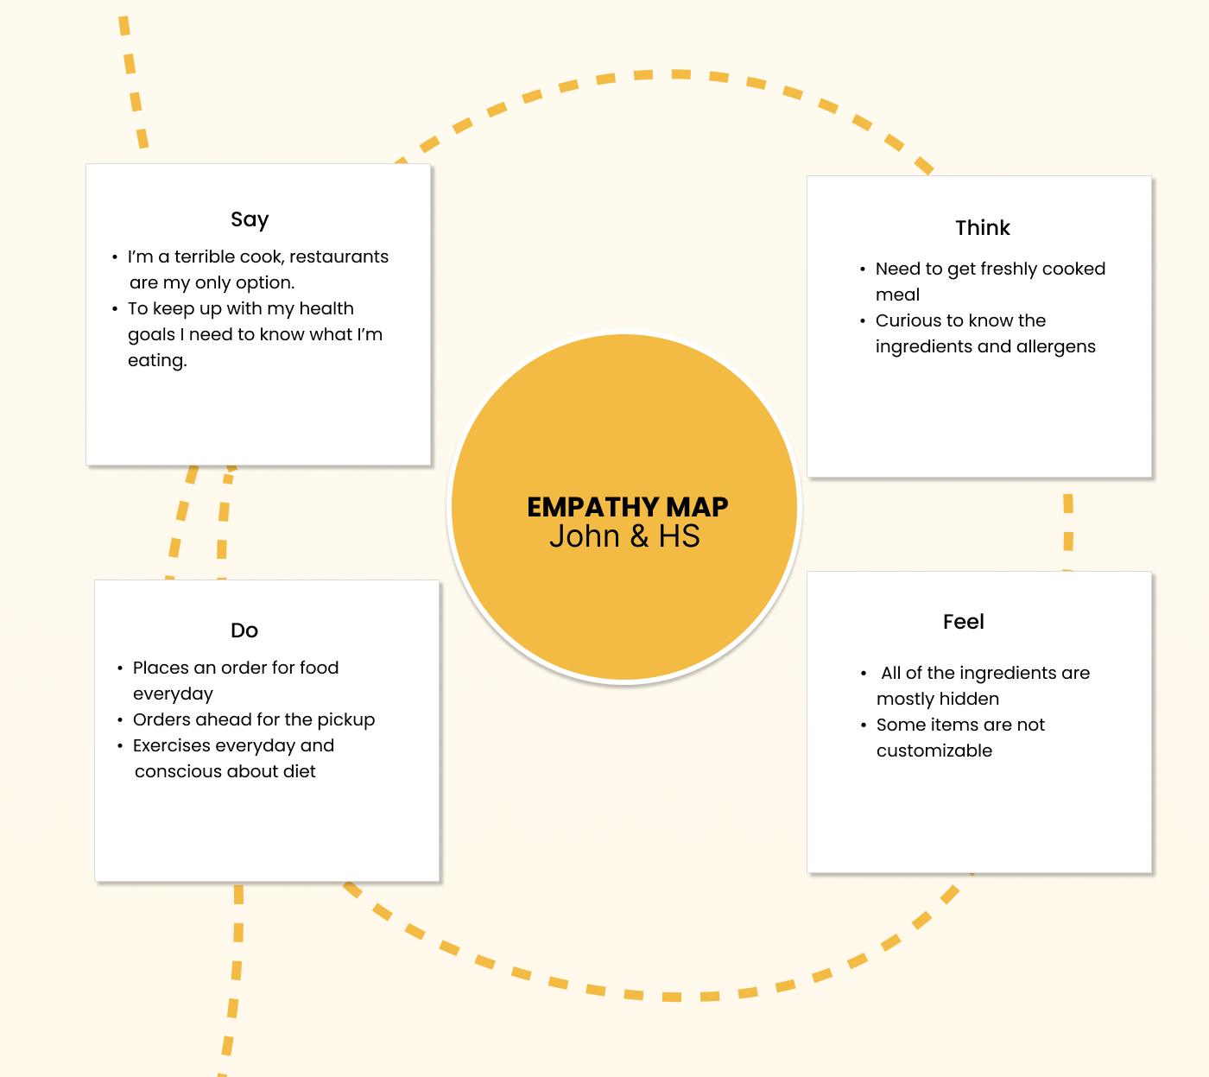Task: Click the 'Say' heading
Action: (250, 219)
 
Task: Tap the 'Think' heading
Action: (982, 228)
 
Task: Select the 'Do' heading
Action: (244, 630)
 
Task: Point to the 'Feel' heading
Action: (963, 622)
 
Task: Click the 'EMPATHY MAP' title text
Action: (627, 506)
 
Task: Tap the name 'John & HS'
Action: (624, 536)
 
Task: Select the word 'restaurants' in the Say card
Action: (339, 257)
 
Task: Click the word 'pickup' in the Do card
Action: (345, 719)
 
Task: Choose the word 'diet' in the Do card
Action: (300, 771)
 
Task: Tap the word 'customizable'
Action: (934, 751)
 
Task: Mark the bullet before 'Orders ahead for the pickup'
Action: (120, 720)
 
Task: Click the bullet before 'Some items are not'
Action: (864, 725)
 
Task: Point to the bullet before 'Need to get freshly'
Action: (863, 269)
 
